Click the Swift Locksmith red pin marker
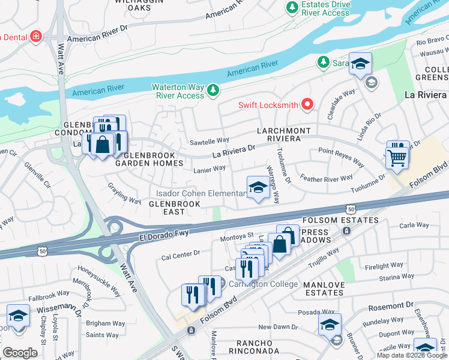(308, 105)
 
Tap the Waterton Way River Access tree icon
(212, 91)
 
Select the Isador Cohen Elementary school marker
(258, 188)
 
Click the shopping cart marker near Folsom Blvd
(397, 158)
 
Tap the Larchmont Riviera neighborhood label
(284, 134)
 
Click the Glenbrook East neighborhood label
(167, 208)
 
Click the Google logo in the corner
(20, 352)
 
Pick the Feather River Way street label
(327, 178)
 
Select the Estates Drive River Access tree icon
(292, 8)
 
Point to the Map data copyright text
(411, 355)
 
